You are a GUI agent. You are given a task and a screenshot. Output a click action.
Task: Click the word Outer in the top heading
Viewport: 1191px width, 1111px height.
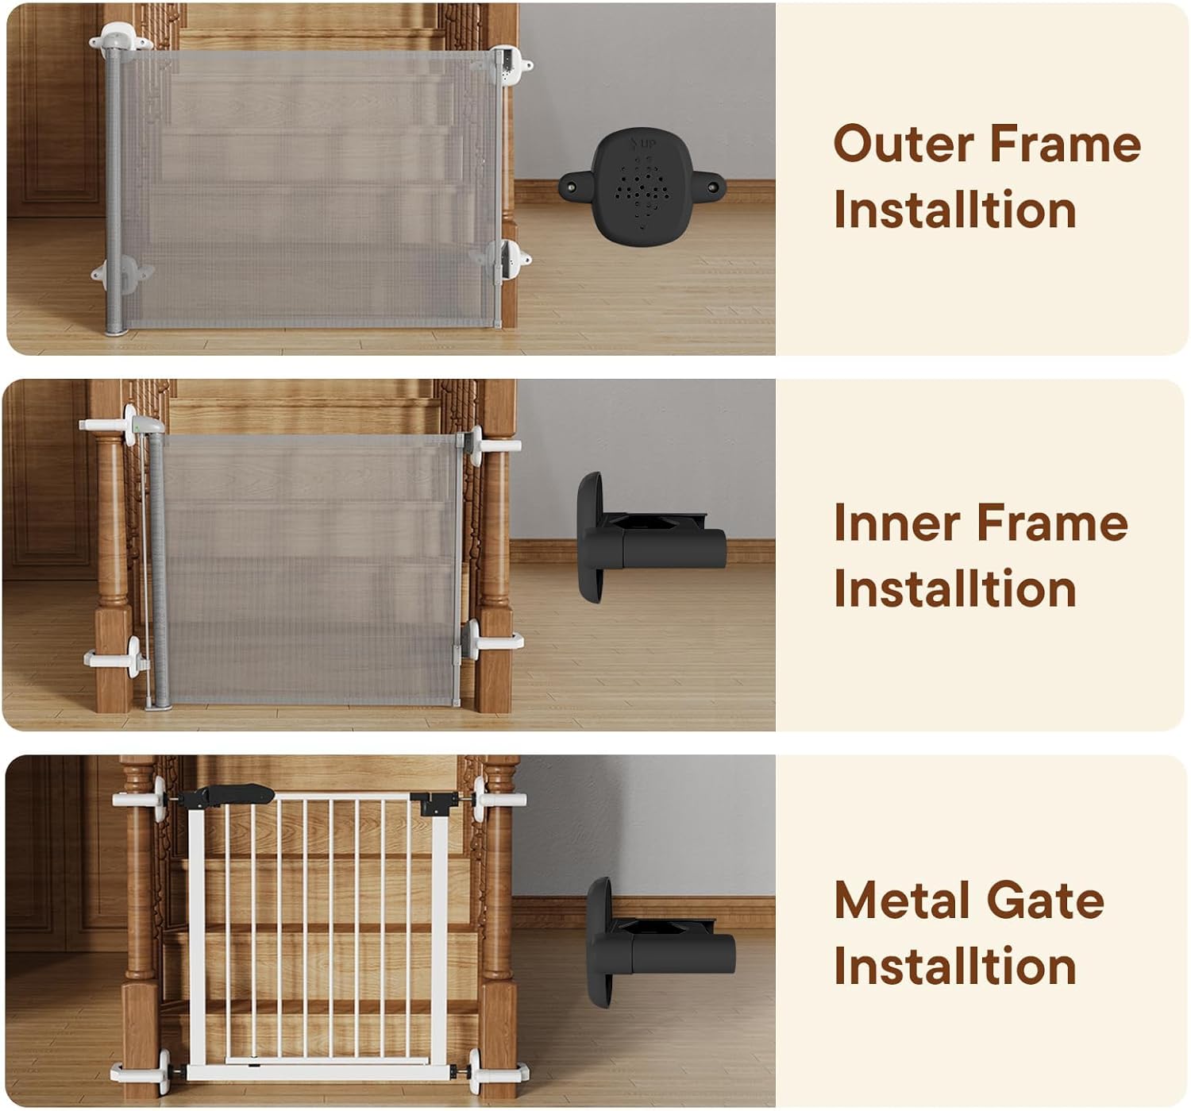pyautogui.click(x=904, y=144)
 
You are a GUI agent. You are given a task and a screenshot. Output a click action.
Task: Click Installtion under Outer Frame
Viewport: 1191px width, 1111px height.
pyautogui.click(x=954, y=210)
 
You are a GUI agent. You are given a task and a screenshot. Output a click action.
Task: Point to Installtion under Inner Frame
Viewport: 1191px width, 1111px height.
pyautogui.click(x=954, y=588)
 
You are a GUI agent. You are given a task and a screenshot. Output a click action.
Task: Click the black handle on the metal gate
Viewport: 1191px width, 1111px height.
pyautogui.click(x=226, y=796)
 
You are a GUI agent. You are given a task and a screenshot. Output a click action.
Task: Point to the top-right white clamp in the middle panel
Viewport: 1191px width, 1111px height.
pyautogui.click(x=491, y=446)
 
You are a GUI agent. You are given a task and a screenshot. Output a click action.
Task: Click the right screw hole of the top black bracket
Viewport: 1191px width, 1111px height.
pyautogui.click(x=713, y=186)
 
